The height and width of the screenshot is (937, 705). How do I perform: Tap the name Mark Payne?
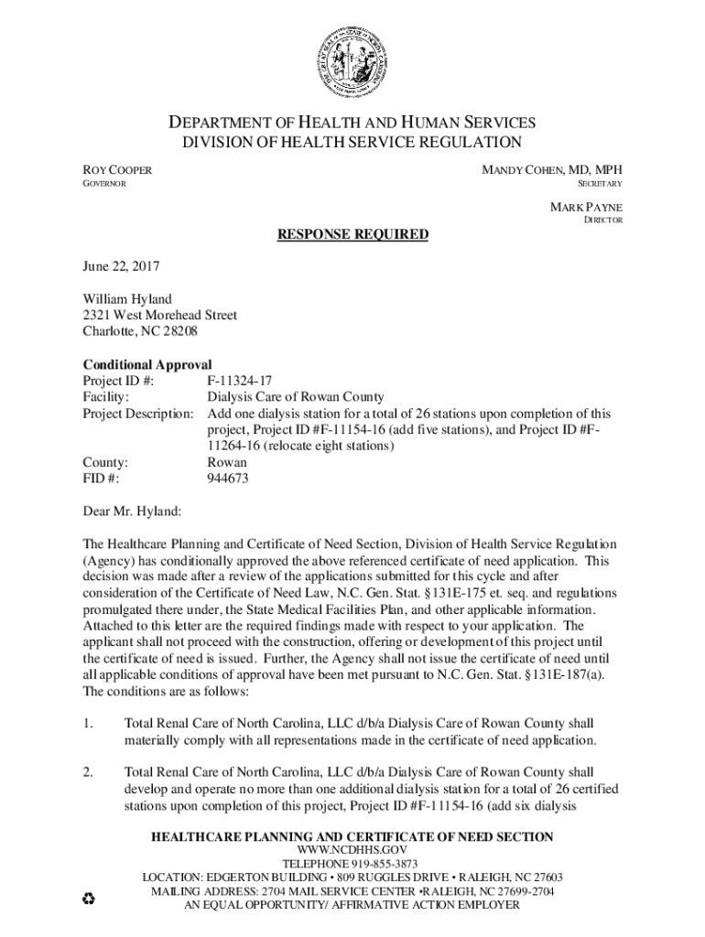586,207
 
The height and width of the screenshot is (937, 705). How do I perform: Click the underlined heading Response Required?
352,235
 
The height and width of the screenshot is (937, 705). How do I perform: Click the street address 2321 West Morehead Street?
160,315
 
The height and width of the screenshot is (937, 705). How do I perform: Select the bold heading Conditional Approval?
147,364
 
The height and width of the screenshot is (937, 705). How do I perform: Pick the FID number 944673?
228,479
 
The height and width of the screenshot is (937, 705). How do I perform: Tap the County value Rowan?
227,462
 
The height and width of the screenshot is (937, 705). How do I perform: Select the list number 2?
87,771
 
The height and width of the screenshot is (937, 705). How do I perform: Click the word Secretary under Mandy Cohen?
599,185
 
